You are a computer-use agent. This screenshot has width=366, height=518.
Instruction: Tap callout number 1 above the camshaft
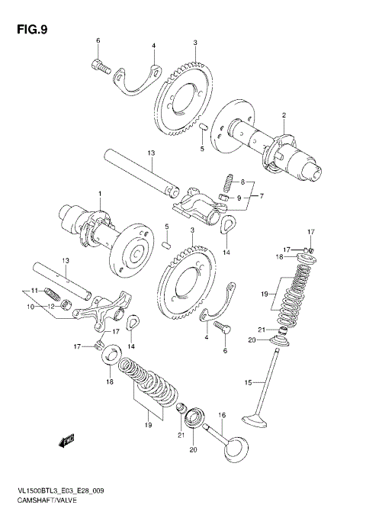coord(98,194)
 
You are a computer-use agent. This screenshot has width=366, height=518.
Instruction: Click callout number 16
coord(223,416)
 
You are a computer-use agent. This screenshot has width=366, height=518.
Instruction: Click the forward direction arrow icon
coord(68,439)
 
